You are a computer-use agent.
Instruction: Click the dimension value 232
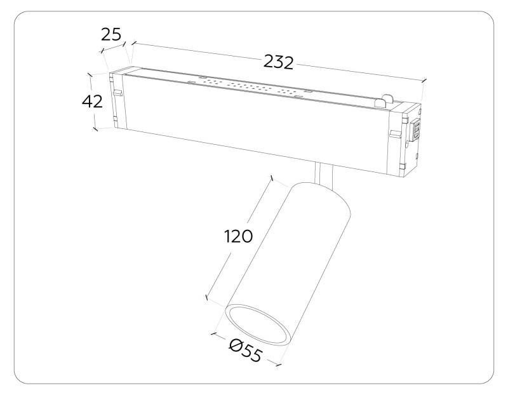pyautogui.click(x=278, y=62)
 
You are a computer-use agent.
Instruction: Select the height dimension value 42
pyautogui.click(x=92, y=102)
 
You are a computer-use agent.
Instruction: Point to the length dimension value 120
pyautogui.click(x=238, y=236)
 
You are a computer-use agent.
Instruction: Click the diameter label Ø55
pyautogui.click(x=245, y=351)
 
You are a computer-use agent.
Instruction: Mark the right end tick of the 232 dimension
pyautogui.click(x=424, y=81)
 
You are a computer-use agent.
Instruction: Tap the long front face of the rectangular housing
pyautogui.click(x=254, y=124)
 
